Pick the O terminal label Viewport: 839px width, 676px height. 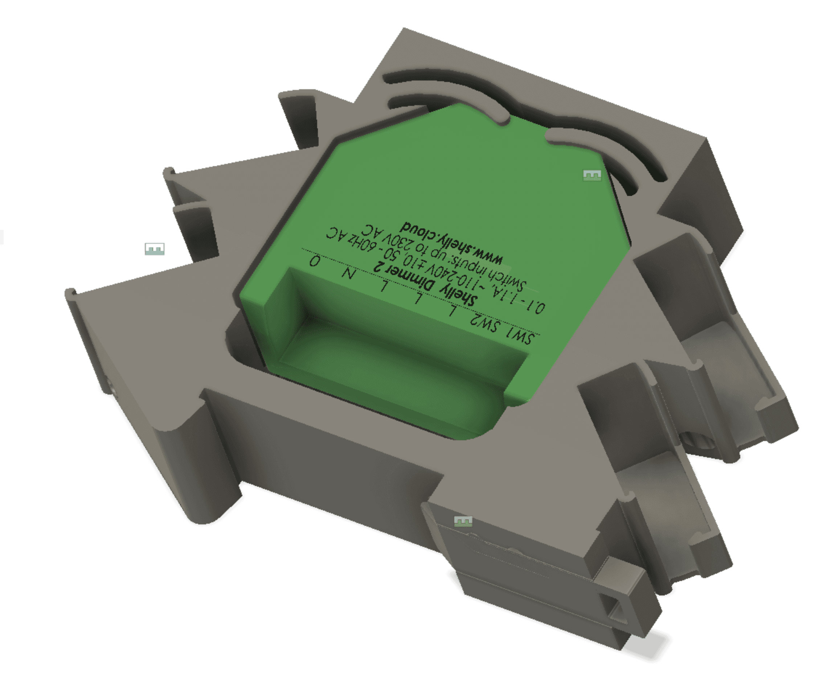315,260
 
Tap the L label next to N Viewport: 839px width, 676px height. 384,287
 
